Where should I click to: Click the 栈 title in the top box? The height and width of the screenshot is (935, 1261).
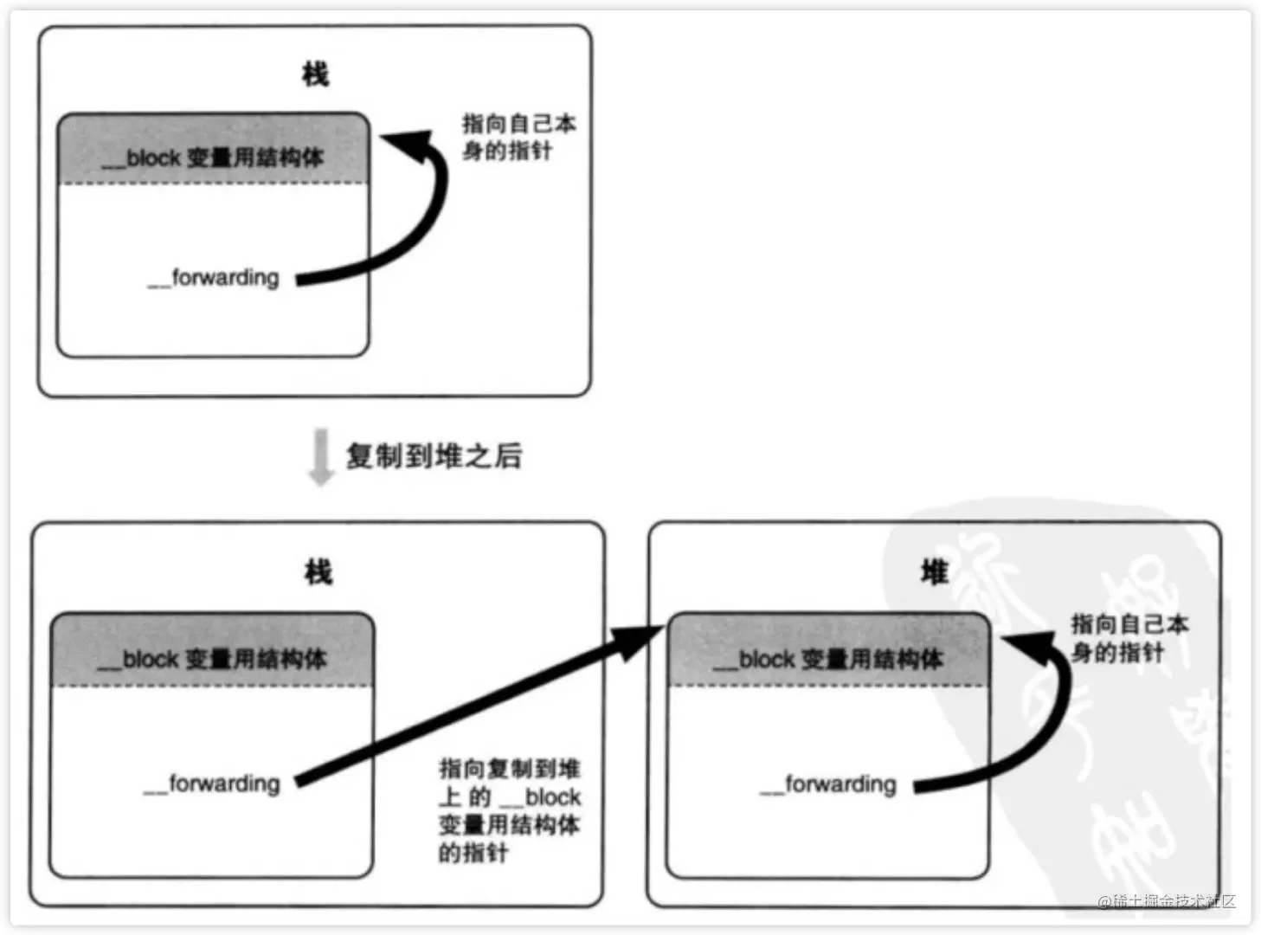coord(315,74)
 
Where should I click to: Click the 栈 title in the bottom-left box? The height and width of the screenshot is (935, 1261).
coord(318,572)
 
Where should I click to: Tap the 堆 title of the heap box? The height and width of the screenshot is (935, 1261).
coord(934,572)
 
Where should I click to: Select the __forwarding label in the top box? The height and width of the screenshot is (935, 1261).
coord(214,278)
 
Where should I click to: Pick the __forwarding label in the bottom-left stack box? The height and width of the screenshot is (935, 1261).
coord(212,783)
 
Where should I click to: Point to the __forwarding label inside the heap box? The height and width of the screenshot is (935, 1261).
coord(828,784)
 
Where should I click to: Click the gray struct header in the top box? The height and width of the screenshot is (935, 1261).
coord(213,150)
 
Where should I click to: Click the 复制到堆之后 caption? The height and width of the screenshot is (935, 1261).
coord(434,456)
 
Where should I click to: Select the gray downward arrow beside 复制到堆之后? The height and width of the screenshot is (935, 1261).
coord(321,456)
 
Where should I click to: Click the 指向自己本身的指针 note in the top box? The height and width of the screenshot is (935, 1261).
coord(518,137)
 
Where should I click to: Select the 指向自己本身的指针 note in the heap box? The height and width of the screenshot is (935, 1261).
coord(1129,637)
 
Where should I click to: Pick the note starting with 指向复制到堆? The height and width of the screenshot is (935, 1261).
coord(509,809)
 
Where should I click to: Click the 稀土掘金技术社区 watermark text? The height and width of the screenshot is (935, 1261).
coord(1166,901)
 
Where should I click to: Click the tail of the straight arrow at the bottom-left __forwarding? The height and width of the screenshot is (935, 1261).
coord(301,781)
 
